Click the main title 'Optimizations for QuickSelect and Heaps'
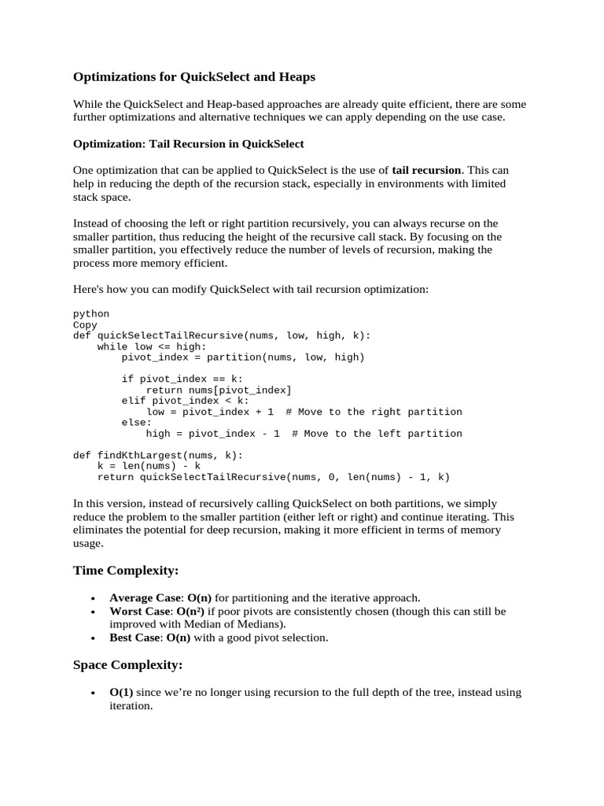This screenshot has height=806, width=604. coord(193,77)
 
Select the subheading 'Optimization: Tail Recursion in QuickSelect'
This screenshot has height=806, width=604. coord(188,144)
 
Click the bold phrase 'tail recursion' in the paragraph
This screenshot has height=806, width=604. coord(426,170)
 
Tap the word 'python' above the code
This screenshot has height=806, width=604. coord(91,313)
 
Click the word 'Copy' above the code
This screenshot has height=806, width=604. coord(85,324)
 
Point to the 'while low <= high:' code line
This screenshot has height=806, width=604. coord(152,346)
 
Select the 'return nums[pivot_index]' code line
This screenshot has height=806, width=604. coord(219,390)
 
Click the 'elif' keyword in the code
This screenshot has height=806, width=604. coord(134,401)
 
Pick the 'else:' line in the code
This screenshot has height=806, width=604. coord(137,423)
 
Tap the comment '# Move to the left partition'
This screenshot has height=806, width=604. coord(377,434)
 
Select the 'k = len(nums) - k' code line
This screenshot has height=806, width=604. coord(149,466)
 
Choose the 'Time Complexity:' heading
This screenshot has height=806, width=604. coord(126,569)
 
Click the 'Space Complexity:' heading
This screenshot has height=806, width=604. coord(127,665)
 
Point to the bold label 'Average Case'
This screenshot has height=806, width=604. coord(145,597)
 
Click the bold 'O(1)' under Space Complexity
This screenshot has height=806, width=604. coord(121,693)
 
